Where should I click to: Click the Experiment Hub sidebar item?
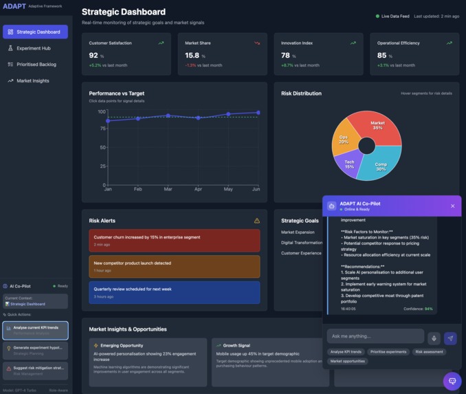click(34, 48)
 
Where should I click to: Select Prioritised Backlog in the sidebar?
click(36, 65)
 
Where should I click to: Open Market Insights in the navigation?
click(33, 80)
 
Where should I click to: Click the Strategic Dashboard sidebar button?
click(35, 32)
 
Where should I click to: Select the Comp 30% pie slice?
click(380, 165)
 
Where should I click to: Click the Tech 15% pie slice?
click(349, 164)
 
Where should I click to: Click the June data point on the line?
click(258, 113)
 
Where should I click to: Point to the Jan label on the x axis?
click(108, 189)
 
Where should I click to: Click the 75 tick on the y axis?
click(101, 129)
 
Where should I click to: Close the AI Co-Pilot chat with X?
click(452, 206)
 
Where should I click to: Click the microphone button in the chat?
click(434, 338)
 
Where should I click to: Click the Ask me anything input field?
click(375, 336)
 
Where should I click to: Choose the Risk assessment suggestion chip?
click(429, 351)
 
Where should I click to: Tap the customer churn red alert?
click(175, 240)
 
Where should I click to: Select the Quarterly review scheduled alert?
click(175, 292)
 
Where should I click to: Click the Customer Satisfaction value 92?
click(93, 55)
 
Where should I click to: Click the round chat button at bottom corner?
click(452, 380)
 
